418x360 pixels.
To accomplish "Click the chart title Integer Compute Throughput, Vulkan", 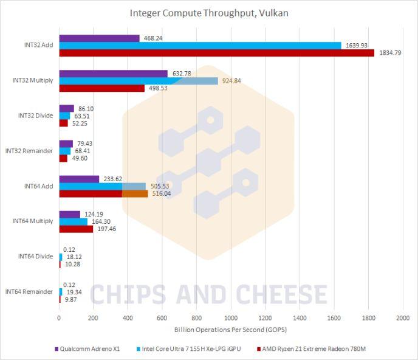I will point(208,13).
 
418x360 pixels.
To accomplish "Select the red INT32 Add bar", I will point(217,53).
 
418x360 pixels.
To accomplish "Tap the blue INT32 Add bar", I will point(200,45).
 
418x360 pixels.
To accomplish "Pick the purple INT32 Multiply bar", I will point(113,74).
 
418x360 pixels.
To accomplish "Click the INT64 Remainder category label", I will point(29,291).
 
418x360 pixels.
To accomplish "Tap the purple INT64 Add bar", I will point(79,179).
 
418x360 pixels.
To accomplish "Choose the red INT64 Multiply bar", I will point(76,229).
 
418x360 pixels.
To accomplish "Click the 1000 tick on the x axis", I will point(231,318).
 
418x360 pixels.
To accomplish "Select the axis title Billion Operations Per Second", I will point(230,330).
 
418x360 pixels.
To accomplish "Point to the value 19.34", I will point(75,292).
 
